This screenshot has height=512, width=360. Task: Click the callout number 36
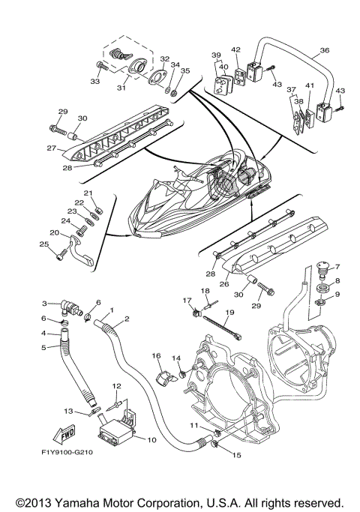click(x=324, y=51)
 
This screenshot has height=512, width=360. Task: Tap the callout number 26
click(x=222, y=284)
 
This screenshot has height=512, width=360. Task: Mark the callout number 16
click(x=156, y=356)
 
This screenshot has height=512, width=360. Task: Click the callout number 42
click(x=236, y=51)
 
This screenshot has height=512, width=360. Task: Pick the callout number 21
click(x=88, y=194)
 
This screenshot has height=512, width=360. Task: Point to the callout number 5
click(x=43, y=347)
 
